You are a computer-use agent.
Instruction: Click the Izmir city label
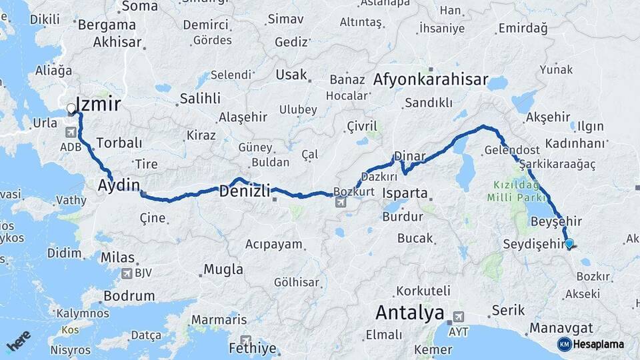pyautogui.click(x=99, y=104)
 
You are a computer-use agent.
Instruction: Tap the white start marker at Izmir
pyautogui.click(x=71, y=109)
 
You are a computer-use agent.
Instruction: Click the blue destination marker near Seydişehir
pyautogui.click(x=569, y=244)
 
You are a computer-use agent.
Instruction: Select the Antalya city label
pyautogui.click(x=409, y=312)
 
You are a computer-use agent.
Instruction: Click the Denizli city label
pyautogui.click(x=245, y=192)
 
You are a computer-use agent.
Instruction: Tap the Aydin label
pyautogui.click(x=119, y=185)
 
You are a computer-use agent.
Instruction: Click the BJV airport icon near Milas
pyautogui.click(x=127, y=273)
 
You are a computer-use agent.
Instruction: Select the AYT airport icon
pyautogui.click(x=458, y=317)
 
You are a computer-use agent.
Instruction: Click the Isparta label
pyautogui.click(x=405, y=194)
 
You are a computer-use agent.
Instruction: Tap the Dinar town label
pyautogui.click(x=409, y=156)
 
